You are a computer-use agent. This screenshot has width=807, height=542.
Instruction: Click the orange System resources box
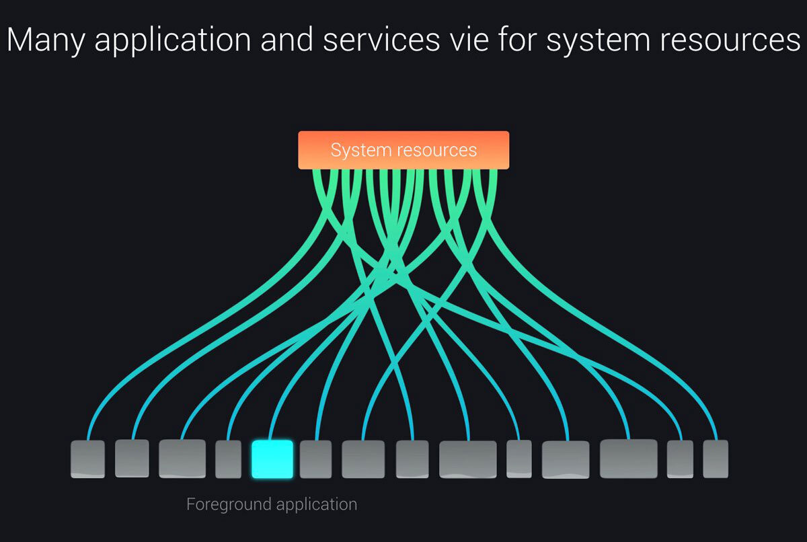(403, 150)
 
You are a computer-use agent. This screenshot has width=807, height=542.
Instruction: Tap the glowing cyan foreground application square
(272, 459)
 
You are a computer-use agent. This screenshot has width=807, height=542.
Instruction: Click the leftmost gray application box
(87, 459)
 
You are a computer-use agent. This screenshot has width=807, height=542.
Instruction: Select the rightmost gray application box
(716, 459)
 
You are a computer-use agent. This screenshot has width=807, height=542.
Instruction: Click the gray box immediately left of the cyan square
(228, 459)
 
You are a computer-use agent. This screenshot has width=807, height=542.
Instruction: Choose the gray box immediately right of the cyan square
(315, 459)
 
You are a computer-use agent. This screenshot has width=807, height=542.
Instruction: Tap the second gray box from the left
(132, 459)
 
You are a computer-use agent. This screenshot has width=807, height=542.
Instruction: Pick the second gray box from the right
(680, 459)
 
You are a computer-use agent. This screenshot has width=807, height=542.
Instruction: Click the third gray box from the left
(182, 459)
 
